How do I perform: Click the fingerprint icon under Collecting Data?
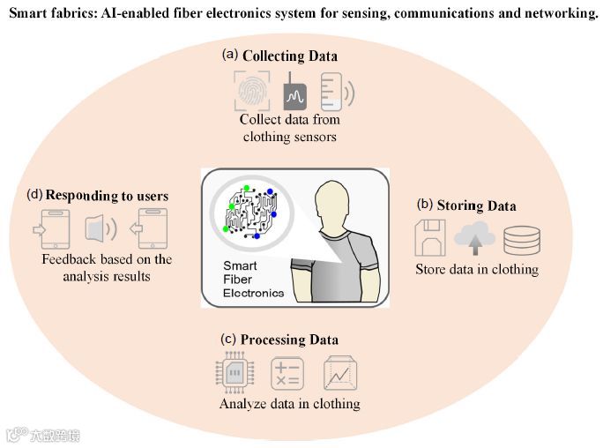click(x=253, y=90)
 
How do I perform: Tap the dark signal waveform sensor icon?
click(x=294, y=92)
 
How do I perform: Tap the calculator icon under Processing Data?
click(x=287, y=374)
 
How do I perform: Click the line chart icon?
click(x=339, y=374)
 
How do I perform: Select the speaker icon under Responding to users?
click(x=99, y=230)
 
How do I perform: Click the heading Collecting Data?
click(x=290, y=56)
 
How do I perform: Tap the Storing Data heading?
click(x=477, y=205)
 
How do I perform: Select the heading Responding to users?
click(x=106, y=194)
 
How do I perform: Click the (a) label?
click(x=230, y=55)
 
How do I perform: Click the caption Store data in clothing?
click(x=476, y=269)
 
